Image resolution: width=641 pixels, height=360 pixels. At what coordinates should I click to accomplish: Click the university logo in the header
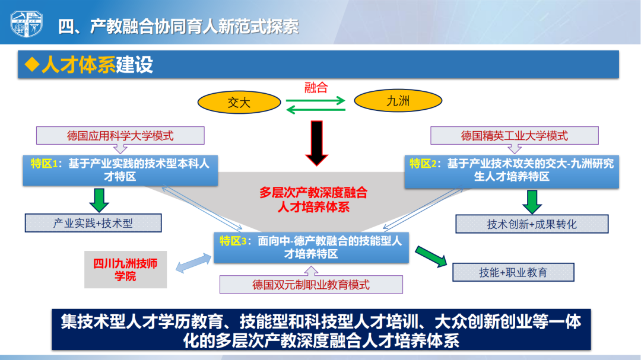(x=26, y=24)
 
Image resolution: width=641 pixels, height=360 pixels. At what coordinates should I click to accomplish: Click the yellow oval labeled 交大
(x=239, y=102)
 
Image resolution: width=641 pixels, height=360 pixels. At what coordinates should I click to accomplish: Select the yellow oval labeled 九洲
(x=398, y=100)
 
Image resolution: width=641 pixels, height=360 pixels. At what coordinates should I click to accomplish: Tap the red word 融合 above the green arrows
(x=316, y=87)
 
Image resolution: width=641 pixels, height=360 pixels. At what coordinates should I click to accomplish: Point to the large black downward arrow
(x=316, y=143)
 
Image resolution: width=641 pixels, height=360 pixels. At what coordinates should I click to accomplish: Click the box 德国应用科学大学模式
(x=120, y=136)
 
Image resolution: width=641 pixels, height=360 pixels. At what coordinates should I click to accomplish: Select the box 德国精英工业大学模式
(x=514, y=136)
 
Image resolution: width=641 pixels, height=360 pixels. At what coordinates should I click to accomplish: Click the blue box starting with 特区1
(x=120, y=170)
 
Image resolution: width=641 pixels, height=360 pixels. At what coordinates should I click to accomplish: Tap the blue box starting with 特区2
(x=512, y=171)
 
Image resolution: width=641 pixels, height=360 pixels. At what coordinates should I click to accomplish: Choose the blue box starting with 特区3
(x=311, y=248)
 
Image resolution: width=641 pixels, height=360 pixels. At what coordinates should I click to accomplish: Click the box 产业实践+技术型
(x=93, y=223)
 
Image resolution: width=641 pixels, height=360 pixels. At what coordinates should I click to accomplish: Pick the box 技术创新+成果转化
(x=532, y=224)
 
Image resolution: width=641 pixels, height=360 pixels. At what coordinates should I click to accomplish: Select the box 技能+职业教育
(x=513, y=272)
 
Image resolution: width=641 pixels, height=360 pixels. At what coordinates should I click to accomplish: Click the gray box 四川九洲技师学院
(x=125, y=270)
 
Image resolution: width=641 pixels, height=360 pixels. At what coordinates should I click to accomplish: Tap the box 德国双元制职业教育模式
(x=311, y=285)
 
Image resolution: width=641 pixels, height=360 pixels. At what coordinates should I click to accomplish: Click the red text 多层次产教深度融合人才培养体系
(x=313, y=200)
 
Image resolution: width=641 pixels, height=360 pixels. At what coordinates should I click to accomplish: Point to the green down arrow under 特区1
(x=99, y=200)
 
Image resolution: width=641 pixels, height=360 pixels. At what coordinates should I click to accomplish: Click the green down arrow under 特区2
(x=532, y=202)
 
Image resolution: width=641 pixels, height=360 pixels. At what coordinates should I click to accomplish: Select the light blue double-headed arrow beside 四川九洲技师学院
(x=193, y=263)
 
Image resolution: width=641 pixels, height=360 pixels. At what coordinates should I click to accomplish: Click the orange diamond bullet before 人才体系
(x=32, y=65)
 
